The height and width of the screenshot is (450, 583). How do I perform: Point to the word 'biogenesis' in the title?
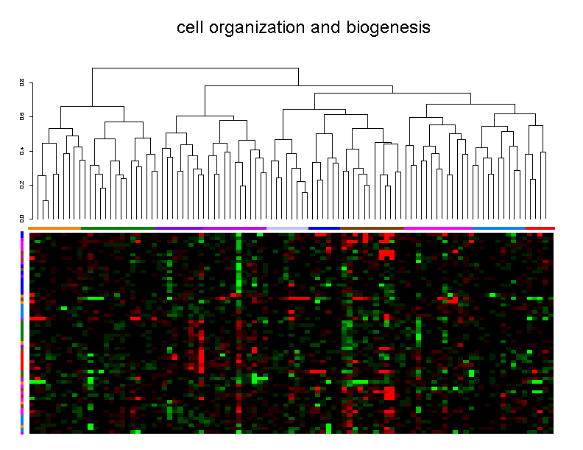pos(387,28)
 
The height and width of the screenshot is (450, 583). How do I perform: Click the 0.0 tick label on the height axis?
pos(22,218)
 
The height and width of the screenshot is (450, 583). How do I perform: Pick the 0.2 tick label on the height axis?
pos(22,184)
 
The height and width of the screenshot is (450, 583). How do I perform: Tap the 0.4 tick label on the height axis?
pos(22,150)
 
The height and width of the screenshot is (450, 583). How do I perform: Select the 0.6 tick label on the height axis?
pos(22,116)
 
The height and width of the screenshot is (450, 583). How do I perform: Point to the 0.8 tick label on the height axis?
pos(22,82)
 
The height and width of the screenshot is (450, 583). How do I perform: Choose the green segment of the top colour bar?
pos(118,228)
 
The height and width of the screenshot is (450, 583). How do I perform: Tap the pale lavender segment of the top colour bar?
pos(287,228)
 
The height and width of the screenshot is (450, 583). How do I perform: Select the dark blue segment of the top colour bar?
pos(324,228)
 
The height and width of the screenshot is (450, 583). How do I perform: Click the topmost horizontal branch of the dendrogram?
pos(195,68)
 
